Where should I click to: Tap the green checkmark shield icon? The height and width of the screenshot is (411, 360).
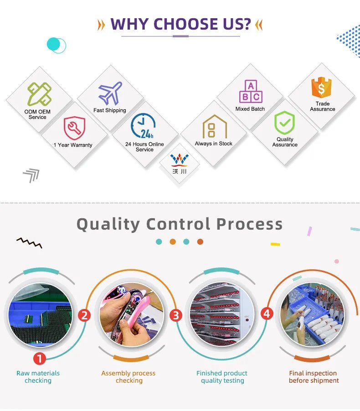(x=284, y=123)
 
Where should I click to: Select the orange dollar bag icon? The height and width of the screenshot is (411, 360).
(x=322, y=87)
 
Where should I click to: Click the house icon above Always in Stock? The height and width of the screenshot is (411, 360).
(x=215, y=127)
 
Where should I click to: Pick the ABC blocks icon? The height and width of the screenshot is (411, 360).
(x=251, y=92)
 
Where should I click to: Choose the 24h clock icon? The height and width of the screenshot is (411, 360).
(x=144, y=126)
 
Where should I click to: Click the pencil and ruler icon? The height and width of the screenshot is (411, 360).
(x=39, y=94)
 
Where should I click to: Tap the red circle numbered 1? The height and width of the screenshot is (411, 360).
(x=40, y=359)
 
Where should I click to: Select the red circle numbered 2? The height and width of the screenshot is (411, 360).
(x=84, y=315)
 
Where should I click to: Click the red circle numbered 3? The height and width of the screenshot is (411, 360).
(x=175, y=315)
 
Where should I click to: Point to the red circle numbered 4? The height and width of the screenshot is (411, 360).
(x=267, y=314)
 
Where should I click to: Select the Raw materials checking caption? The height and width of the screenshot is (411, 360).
(x=38, y=377)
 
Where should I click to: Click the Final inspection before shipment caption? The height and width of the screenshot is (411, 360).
(x=314, y=377)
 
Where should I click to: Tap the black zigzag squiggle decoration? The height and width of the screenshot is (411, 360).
(x=29, y=242)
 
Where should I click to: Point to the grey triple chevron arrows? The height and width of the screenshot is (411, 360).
(x=31, y=175)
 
